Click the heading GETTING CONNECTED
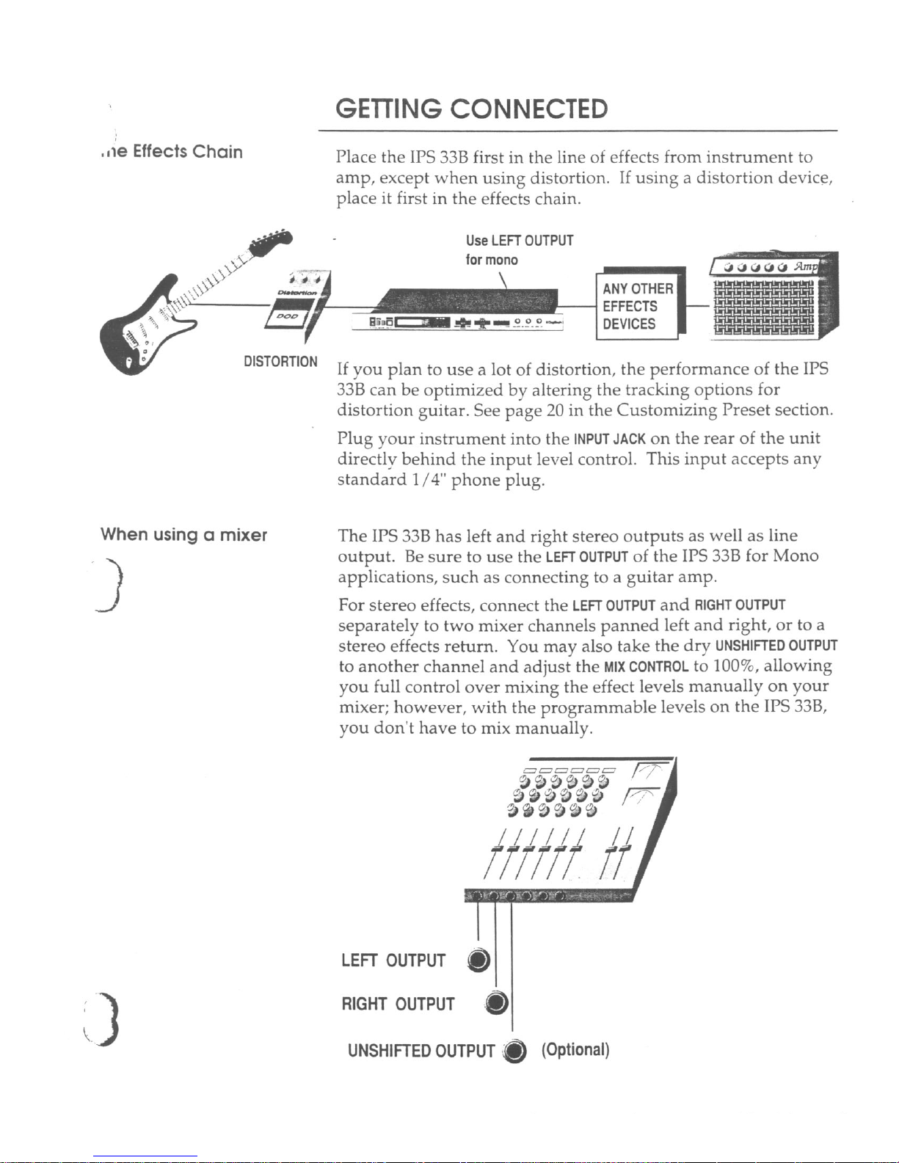(x=471, y=109)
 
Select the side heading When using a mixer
(x=183, y=534)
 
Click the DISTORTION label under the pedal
(x=280, y=362)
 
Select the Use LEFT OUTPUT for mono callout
(x=519, y=249)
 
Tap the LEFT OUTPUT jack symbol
(x=478, y=960)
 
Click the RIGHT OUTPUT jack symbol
(x=497, y=1003)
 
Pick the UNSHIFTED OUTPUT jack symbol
(x=516, y=1051)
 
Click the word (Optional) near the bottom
(x=575, y=1050)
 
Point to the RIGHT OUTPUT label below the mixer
(x=398, y=1004)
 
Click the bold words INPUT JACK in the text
(x=610, y=440)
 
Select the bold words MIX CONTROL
(x=646, y=667)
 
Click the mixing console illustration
(x=572, y=829)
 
